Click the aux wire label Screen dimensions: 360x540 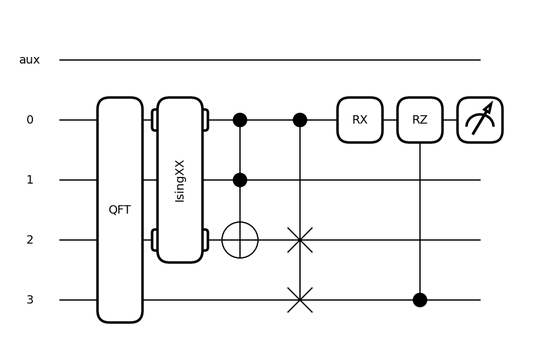click(29, 60)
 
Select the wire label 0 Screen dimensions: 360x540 click(30, 120)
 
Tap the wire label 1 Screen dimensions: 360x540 click(30, 180)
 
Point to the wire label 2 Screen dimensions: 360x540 click(30, 240)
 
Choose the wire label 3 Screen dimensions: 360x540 click(30, 300)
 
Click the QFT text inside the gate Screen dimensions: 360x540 click(120, 210)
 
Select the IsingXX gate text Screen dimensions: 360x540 click(180, 180)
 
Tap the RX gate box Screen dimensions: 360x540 click(360, 120)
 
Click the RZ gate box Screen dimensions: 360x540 click(420, 120)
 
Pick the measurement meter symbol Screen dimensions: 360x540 click(480, 120)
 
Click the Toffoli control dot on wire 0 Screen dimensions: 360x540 click(240, 120)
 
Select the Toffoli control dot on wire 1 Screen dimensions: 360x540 click(240, 180)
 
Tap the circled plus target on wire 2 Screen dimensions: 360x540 click(240, 240)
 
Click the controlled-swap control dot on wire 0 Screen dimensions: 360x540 click(300, 120)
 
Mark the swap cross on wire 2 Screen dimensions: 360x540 click(300, 240)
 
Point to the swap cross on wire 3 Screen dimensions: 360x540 click(300, 300)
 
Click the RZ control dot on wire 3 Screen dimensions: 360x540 click(420, 300)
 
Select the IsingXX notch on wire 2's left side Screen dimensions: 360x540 click(155, 240)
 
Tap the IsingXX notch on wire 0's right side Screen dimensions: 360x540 click(205, 120)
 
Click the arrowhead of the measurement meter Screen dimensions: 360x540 click(489, 106)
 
